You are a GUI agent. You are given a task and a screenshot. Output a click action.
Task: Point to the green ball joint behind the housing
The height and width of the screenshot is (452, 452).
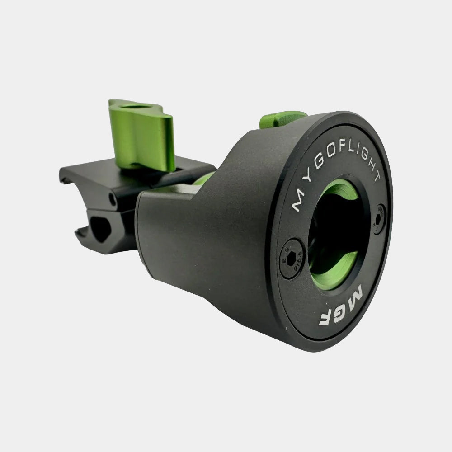203,179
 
